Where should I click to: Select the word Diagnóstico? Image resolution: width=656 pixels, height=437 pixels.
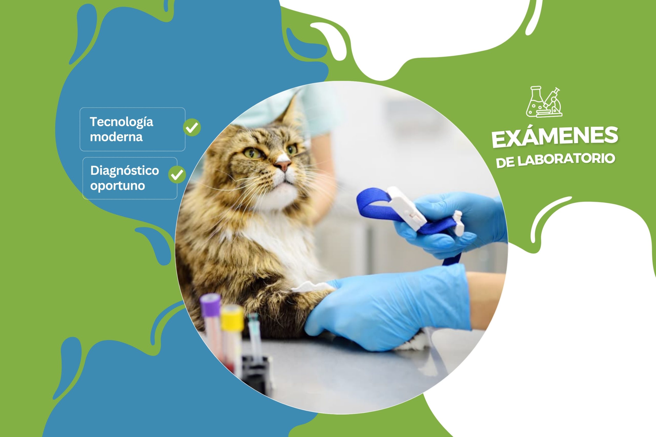click(124, 170)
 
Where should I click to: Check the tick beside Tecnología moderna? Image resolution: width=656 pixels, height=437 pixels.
click(192, 127)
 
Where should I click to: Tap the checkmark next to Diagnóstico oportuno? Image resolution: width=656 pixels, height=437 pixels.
click(177, 175)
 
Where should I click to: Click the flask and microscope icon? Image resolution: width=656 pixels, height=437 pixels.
click(544, 102)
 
